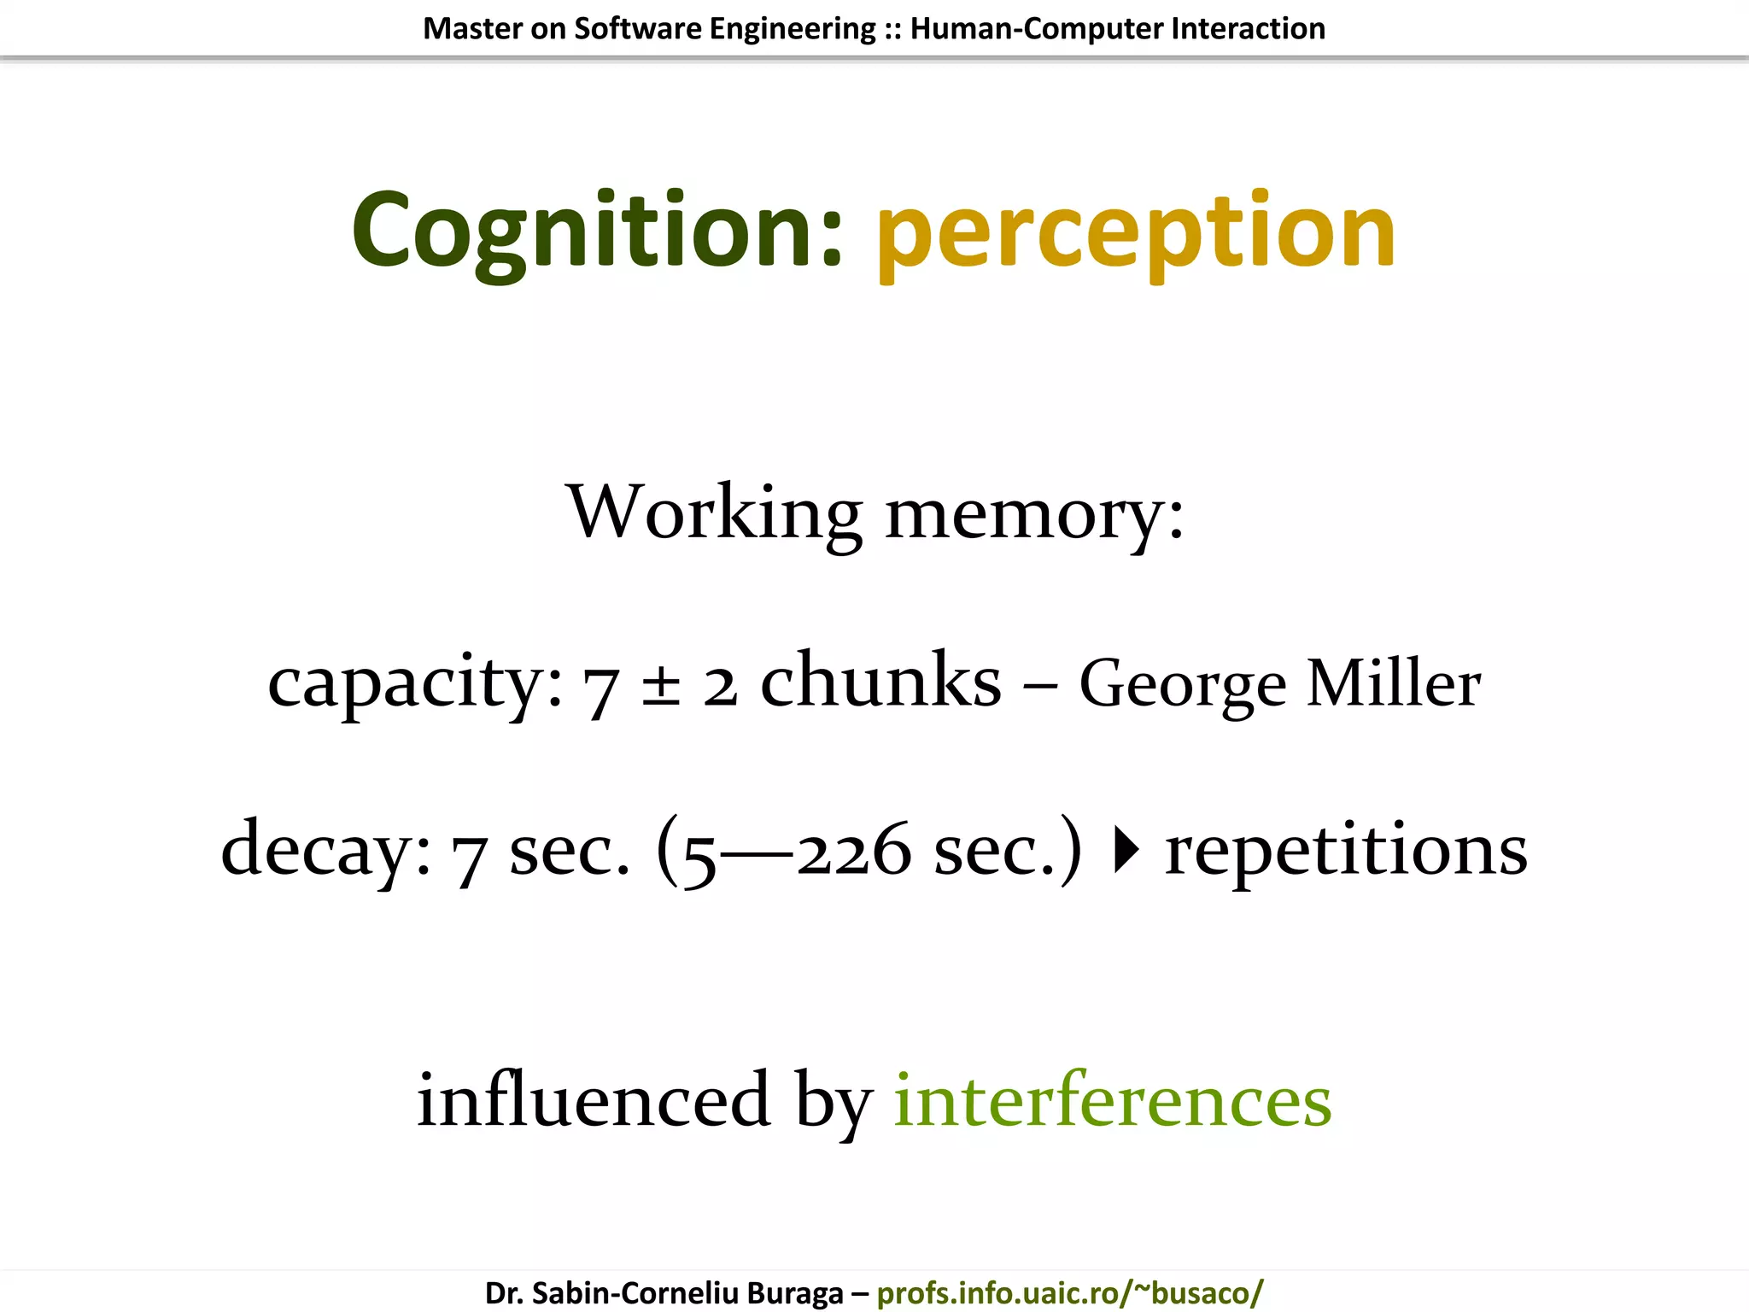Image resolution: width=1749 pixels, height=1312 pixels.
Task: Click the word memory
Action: [1033, 514]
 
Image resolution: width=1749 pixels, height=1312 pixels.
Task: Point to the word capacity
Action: [415, 683]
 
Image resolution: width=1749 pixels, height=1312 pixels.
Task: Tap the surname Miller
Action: [1394, 683]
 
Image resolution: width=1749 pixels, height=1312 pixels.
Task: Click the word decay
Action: [325, 851]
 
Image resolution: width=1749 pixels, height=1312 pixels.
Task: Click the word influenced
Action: [594, 1100]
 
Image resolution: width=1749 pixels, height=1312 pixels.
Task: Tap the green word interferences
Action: [1112, 1100]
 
